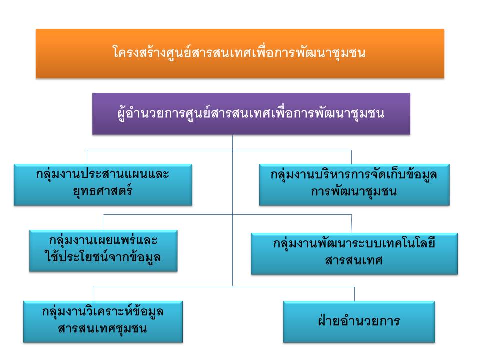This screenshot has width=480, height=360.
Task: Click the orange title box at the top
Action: (240, 53)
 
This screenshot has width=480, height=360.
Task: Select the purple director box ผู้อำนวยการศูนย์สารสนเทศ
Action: (251, 114)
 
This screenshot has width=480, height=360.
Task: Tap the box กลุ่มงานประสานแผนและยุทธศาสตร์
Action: (103, 185)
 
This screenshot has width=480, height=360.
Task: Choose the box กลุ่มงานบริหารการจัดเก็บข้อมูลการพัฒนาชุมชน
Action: (354, 185)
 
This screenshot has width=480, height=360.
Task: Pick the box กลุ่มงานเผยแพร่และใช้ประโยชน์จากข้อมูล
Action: (103, 251)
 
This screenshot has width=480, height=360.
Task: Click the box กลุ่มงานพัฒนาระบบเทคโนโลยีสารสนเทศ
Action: (354, 254)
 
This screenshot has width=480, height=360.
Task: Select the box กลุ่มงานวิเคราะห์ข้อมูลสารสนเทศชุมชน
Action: (103, 321)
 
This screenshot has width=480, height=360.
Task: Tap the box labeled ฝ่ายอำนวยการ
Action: (359, 321)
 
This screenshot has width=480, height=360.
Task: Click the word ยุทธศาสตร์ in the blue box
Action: (103, 191)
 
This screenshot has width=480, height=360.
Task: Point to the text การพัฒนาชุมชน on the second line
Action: (354, 192)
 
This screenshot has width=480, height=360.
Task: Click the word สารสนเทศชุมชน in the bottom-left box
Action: (102, 329)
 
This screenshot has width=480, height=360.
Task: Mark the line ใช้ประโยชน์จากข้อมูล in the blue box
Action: (103, 257)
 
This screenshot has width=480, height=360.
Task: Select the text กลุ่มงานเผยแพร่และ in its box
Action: (103, 240)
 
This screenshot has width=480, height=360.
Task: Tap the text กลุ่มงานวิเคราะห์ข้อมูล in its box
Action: (103, 312)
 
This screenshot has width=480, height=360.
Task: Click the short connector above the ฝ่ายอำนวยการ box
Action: (355, 294)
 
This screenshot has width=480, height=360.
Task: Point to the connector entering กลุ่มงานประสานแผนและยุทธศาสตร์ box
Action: (87, 157)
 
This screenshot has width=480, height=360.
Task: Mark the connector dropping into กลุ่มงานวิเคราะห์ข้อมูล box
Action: (93, 294)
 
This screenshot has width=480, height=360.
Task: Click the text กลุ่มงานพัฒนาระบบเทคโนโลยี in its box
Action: (354, 244)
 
